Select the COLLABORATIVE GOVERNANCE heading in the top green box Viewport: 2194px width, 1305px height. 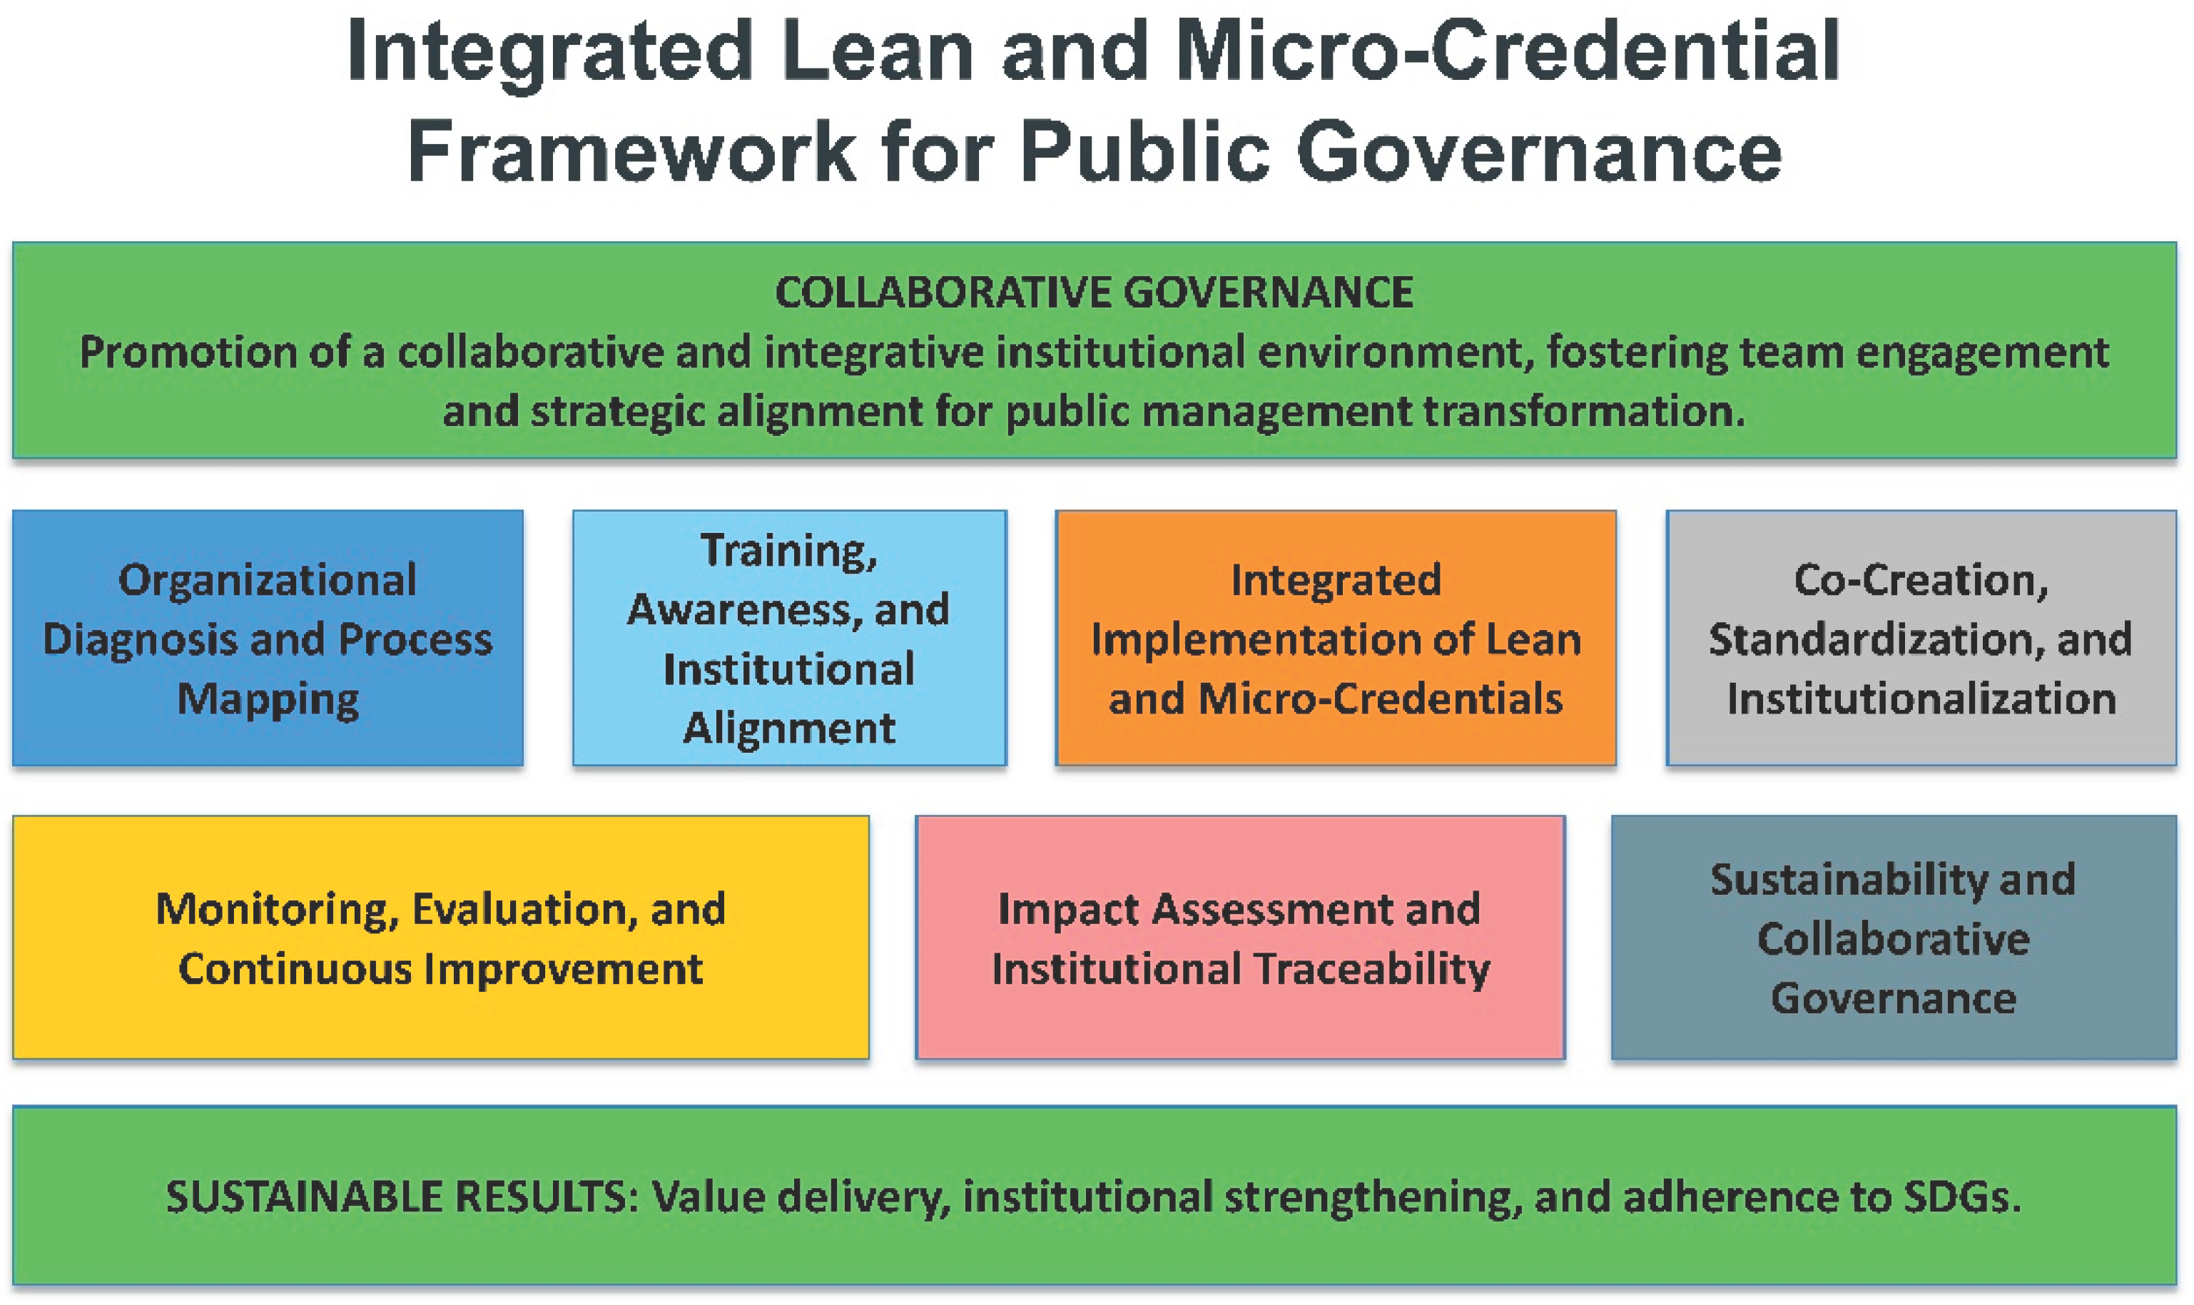tap(1094, 293)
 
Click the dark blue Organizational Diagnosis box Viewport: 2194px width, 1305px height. tap(268, 638)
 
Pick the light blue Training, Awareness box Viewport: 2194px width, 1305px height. tap(790, 638)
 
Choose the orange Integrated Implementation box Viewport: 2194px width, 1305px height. tap(1336, 638)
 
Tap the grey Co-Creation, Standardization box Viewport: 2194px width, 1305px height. tap(1921, 638)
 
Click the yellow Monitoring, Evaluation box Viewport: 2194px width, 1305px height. tap(440, 938)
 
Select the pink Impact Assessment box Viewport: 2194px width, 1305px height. tap(1240, 938)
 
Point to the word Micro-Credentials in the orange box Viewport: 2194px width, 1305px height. tap(1381, 699)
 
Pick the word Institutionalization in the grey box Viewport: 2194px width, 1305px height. tap(1921, 699)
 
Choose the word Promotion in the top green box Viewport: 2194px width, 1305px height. tap(188, 352)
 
